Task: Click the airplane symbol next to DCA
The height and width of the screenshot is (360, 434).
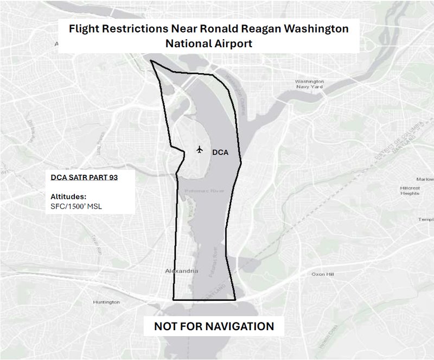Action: (x=199, y=149)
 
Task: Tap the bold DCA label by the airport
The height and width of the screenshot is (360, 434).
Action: (x=220, y=153)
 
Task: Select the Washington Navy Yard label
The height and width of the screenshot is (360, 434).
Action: (x=309, y=84)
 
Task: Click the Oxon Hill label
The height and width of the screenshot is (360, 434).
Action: (x=322, y=275)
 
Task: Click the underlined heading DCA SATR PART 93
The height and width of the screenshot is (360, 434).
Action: (x=84, y=177)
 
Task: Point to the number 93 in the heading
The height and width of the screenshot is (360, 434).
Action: (x=113, y=177)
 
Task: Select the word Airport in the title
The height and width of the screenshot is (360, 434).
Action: (x=233, y=43)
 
